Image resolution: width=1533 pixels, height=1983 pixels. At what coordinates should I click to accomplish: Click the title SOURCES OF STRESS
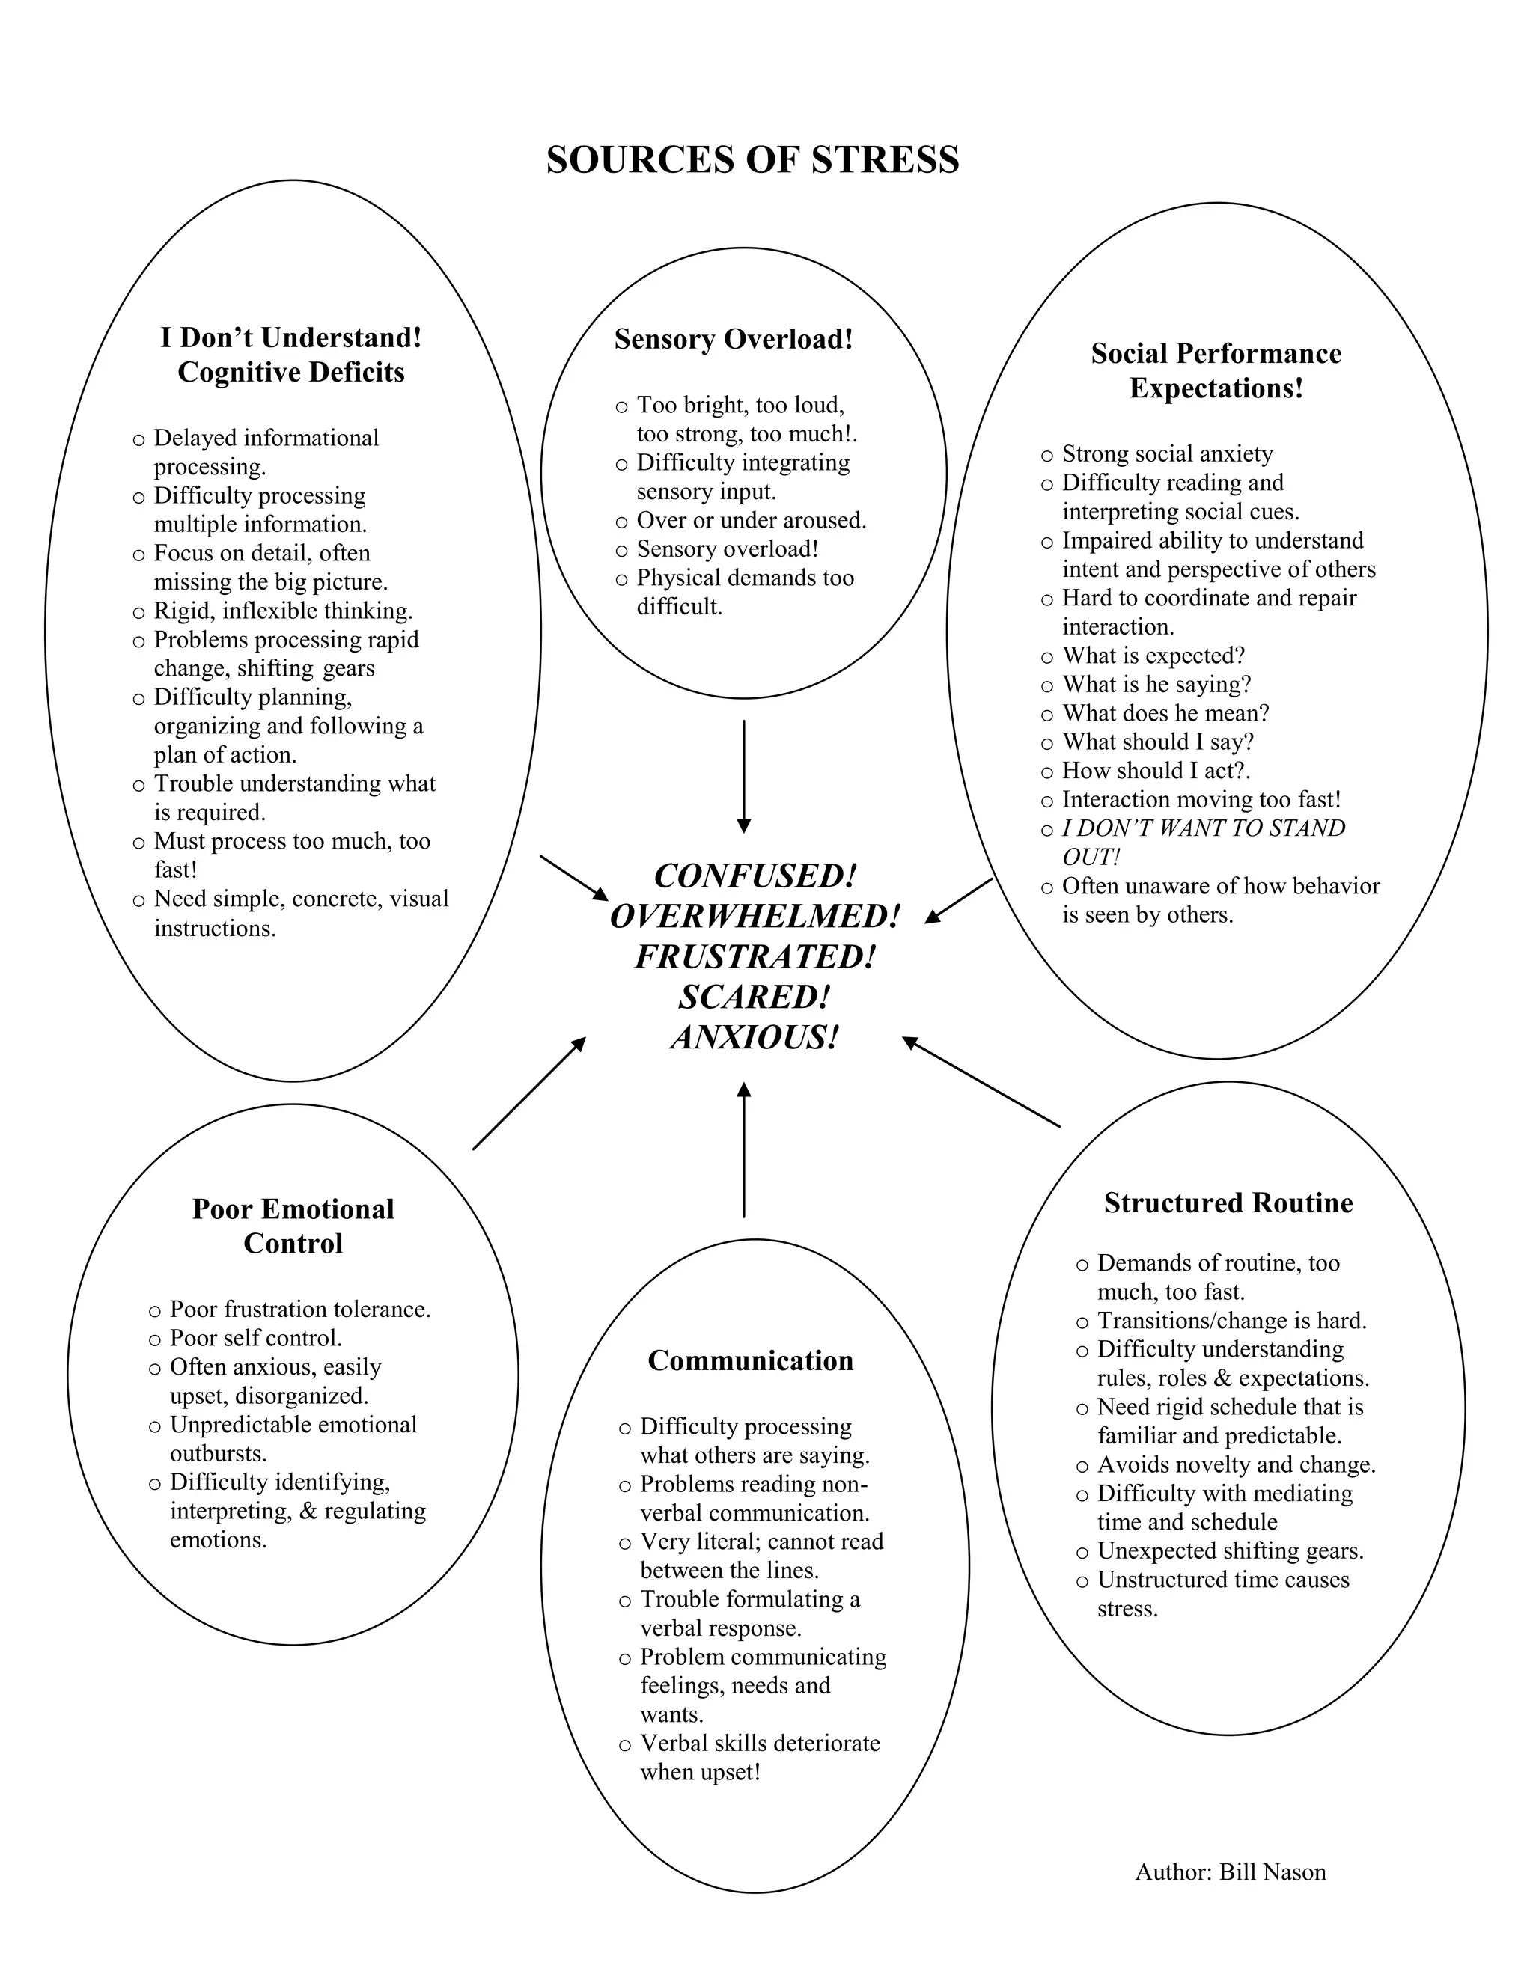[x=752, y=160]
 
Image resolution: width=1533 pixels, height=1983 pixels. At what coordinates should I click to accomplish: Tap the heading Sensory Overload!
[x=734, y=339]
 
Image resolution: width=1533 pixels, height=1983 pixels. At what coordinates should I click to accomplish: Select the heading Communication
[x=750, y=1360]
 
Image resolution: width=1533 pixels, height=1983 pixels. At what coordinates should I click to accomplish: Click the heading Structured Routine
[x=1228, y=1203]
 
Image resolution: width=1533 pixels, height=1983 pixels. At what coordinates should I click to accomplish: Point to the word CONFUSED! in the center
[x=755, y=876]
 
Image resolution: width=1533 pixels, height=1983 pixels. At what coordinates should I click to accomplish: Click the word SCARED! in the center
[x=754, y=997]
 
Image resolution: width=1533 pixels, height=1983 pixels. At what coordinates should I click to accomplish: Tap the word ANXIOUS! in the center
[x=754, y=1037]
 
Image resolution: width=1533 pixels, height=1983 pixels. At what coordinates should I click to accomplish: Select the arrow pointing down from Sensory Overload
[x=744, y=776]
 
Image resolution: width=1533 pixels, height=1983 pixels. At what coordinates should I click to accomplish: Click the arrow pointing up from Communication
[x=744, y=1149]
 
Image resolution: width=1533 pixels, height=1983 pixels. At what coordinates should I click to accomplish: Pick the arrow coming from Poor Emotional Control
[x=528, y=1094]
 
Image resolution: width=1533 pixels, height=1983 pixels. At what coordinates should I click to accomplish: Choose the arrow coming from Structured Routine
[x=981, y=1082]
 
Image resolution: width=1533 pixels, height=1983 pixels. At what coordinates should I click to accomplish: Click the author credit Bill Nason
[x=1230, y=1872]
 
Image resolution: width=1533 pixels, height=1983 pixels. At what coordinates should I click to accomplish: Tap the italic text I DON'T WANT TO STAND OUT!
[x=1204, y=842]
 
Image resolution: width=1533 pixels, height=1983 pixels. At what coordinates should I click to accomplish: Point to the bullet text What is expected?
[x=1153, y=656]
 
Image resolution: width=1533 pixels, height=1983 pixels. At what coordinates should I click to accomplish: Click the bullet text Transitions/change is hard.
[x=1231, y=1320]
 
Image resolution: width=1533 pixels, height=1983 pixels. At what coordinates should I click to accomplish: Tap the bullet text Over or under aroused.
[x=751, y=520]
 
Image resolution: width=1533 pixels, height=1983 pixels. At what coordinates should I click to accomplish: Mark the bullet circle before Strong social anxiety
[x=1047, y=456]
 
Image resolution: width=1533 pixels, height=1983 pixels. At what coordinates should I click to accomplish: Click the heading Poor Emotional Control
[x=293, y=1226]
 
